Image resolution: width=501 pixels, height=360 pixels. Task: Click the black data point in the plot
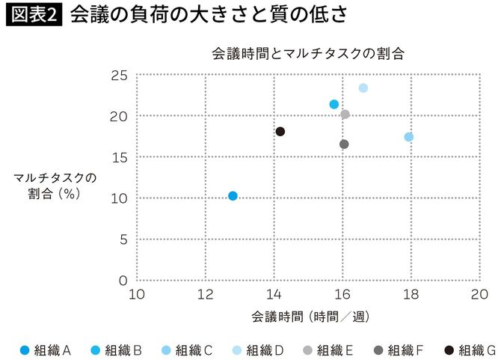coord(280,132)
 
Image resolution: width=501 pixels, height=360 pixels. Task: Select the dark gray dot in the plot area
coord(344,144)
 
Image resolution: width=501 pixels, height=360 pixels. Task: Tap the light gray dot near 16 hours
coord(345,115)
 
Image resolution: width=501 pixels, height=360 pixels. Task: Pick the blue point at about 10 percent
coord(233,196)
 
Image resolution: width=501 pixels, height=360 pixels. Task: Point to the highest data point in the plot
coord(363,88)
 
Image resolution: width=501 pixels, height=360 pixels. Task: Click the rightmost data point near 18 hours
coord(409,137)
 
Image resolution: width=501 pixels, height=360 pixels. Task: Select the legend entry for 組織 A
coord(45,350)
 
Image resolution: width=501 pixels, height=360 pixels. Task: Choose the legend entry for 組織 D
coord(259,350)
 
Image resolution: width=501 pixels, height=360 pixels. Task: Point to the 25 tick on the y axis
coord(119,76)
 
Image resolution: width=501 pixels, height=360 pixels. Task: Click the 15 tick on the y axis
coord(119,157)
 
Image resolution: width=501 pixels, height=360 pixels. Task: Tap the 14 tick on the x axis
coord(274,293)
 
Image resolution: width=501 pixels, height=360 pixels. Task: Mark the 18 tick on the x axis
coord(411,293)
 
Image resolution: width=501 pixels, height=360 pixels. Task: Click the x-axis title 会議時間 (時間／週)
coord(307,316)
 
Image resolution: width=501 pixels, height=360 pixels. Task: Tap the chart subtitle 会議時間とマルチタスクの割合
coord(307,54)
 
